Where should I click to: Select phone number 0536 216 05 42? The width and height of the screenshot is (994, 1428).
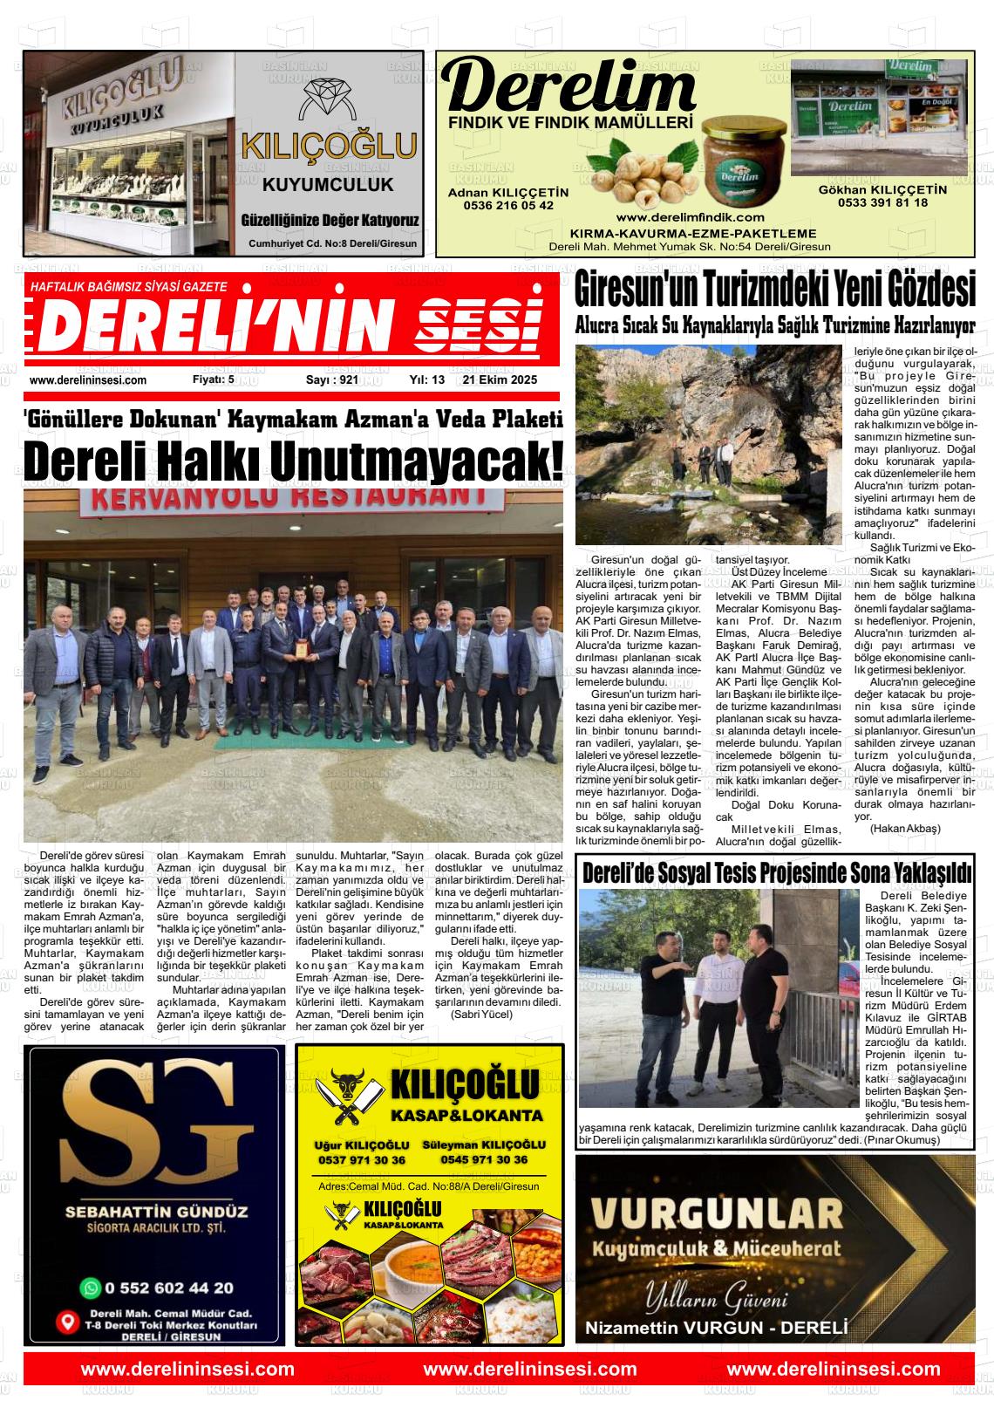point(508,205)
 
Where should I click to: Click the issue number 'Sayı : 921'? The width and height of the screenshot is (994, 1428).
point(332,379)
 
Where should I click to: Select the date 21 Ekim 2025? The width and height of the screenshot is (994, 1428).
point(500,379)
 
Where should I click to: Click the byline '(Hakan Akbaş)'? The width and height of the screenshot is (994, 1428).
point(905,828)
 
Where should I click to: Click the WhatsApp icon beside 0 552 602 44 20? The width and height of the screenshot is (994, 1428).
point(90,1287)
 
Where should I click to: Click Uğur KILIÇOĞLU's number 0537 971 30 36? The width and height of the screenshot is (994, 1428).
point(362,1160)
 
